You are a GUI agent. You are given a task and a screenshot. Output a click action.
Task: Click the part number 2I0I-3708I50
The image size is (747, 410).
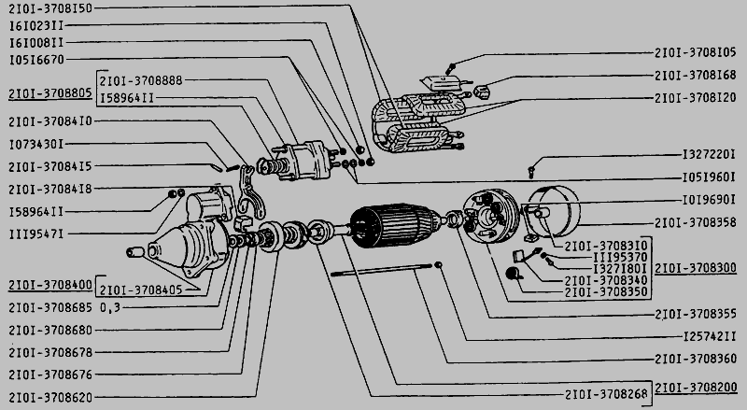50,8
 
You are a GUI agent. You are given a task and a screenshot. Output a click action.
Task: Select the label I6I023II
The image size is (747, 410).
36,25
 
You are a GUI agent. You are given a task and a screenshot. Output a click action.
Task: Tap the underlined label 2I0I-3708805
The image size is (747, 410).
50,93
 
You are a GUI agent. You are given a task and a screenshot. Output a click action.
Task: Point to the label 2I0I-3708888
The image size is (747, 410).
141,80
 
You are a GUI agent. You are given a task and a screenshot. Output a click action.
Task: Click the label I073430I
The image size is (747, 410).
36,144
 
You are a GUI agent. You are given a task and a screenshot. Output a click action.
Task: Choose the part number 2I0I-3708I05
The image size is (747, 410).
695,52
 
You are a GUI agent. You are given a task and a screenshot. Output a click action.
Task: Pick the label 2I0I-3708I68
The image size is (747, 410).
695,75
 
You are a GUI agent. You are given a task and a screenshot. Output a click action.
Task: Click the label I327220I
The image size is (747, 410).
709,154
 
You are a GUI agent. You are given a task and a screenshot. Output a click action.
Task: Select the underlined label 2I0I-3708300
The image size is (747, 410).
696,268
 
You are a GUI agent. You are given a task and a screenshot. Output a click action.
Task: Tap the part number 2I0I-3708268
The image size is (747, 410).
606,394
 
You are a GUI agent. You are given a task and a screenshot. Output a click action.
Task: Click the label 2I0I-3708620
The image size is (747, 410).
50,397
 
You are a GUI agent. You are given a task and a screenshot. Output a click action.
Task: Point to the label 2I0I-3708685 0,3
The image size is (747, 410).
64,307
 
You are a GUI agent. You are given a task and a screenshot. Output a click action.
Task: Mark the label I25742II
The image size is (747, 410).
710,336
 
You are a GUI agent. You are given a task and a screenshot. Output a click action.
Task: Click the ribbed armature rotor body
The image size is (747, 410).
394,225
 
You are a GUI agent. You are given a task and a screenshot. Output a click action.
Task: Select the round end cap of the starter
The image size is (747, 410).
554,211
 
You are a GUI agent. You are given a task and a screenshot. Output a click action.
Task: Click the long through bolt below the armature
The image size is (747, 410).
381,269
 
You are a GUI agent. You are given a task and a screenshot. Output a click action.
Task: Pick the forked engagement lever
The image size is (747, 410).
250,192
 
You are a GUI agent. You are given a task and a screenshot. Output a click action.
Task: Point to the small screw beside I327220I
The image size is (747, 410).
531,172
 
